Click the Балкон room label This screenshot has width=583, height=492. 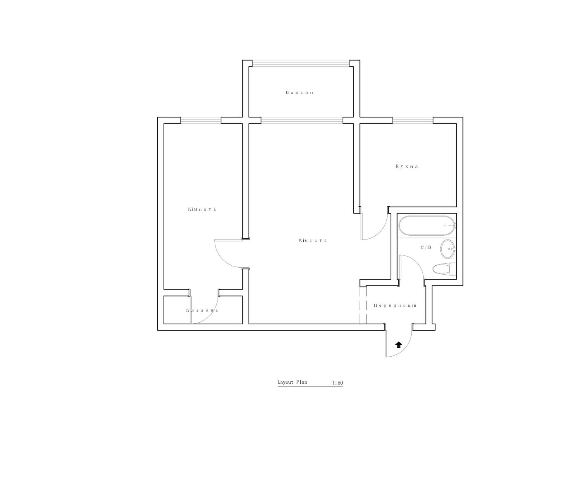click(299, 93)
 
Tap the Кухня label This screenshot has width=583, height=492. click(407, 166)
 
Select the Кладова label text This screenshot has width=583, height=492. click(202, 310)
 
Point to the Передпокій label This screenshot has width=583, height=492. click(395, 305)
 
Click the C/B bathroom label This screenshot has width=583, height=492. click(426, 247)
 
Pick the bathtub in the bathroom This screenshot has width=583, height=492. click(427, 225)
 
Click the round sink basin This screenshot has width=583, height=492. click(448, 248)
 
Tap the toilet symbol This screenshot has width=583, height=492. click(444, 269)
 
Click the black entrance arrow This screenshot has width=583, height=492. click(399, 345)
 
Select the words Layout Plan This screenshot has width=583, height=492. click(292, 382)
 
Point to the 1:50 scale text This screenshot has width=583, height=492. click(337, 383)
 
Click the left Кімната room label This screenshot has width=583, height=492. click(202, 209)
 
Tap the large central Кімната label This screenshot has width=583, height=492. click(313, 240)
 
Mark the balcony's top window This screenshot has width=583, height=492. click(301, 64)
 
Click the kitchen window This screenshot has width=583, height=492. click(413, 121)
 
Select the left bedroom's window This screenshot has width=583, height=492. click(201, 121)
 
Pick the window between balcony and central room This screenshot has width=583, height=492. click(302, 121)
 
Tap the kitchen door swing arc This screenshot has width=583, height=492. click(380, 232)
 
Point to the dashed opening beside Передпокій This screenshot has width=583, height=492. click(363, 305)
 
